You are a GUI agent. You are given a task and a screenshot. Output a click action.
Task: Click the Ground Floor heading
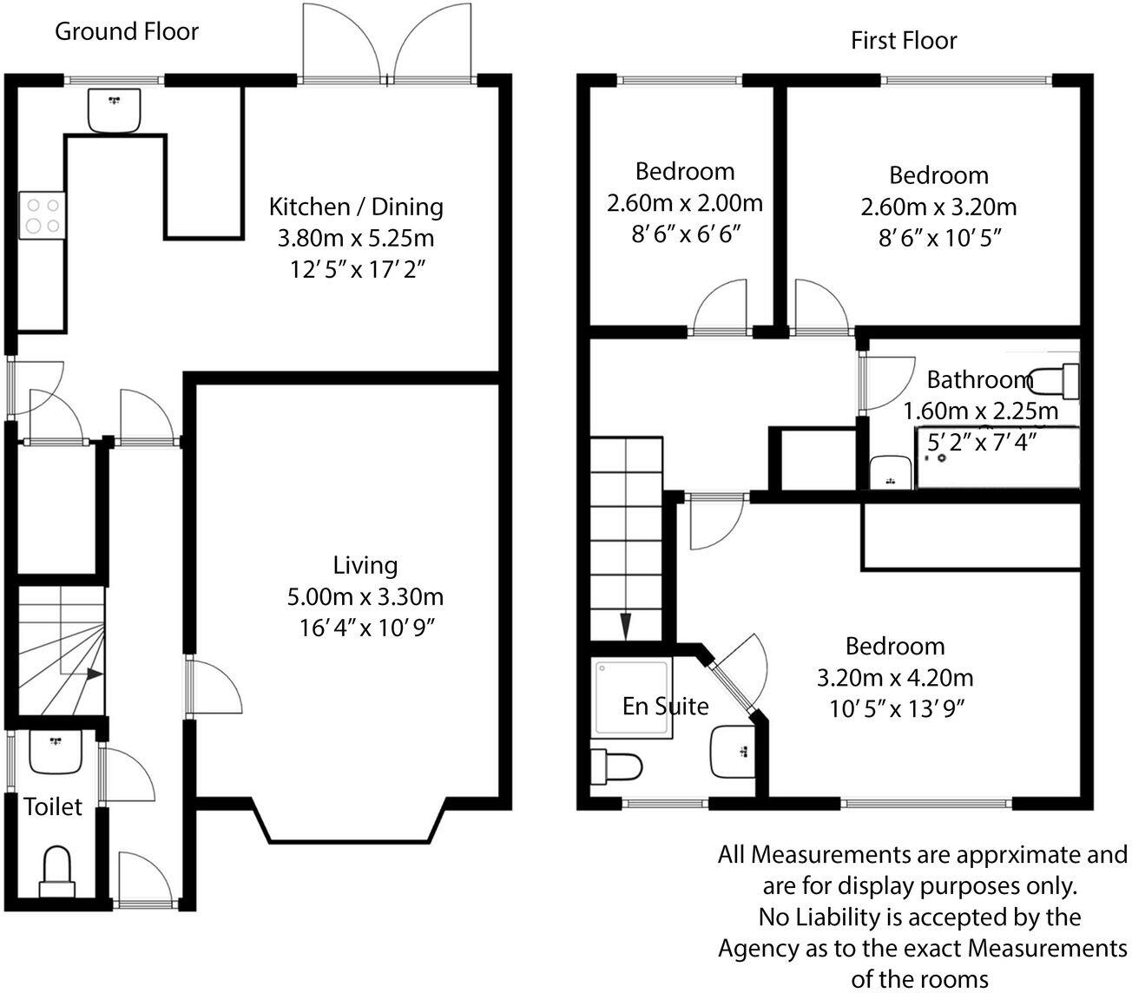126,32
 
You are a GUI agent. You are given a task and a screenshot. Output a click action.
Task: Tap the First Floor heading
904,41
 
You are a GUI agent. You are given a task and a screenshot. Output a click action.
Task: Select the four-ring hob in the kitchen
43,215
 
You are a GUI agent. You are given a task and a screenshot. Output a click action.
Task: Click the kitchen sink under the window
114,110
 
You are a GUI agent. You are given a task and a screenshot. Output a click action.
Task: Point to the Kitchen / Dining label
356,207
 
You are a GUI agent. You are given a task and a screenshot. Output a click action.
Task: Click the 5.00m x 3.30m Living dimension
365,597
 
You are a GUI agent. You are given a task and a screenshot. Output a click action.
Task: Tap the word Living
365,566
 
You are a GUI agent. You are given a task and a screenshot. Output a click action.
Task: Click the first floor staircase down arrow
626,626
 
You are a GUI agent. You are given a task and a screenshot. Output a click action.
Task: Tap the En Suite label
666,707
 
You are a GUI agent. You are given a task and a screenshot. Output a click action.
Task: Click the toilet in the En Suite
615,766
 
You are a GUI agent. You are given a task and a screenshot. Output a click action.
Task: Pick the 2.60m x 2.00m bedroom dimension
685,203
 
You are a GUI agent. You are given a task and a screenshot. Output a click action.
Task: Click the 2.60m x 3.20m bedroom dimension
938,207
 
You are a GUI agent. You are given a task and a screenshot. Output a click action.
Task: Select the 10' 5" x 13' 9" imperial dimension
898,709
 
